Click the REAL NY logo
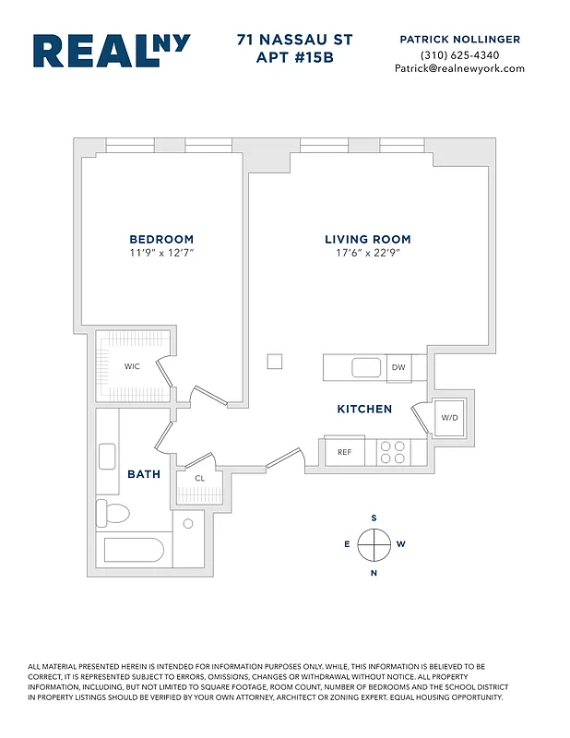(x=112, y=52)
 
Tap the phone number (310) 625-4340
(x=459, y=54)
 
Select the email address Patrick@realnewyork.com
(x=459, y=68)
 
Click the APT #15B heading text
(x=293, y=58)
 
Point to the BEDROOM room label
(x=161, y=239)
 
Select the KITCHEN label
(x=364, y=409)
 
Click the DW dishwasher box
(x=398, y=368)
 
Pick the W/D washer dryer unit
(x=449, y=418)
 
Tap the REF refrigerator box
(x=344, y=452)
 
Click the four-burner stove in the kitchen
(x=393, y=452)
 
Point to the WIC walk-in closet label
(x=133, y=366)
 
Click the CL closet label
(x=199, y=477)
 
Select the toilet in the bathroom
(x=115, y=513)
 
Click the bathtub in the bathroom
(x=134, y=551)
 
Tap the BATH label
(x=144, y=474)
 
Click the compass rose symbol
(x=374, y=544)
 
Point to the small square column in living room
(x=275, y=361)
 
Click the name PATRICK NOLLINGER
(x=459, y=40)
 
